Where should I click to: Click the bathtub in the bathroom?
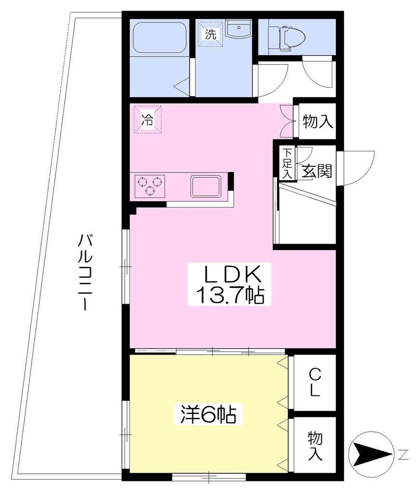(160, 37)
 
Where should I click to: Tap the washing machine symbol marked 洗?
(210, 34)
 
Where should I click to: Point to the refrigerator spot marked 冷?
(148, 120)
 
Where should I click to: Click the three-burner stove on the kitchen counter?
(150, 186)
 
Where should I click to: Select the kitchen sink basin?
(206, 186)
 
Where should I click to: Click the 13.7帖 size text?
(230, 295)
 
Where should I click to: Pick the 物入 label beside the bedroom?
(315, 446)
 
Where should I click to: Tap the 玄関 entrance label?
(317, 171)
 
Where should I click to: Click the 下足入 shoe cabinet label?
(287, 163)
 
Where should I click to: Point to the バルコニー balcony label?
(85, 272)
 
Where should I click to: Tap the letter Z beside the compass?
(403, 455)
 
